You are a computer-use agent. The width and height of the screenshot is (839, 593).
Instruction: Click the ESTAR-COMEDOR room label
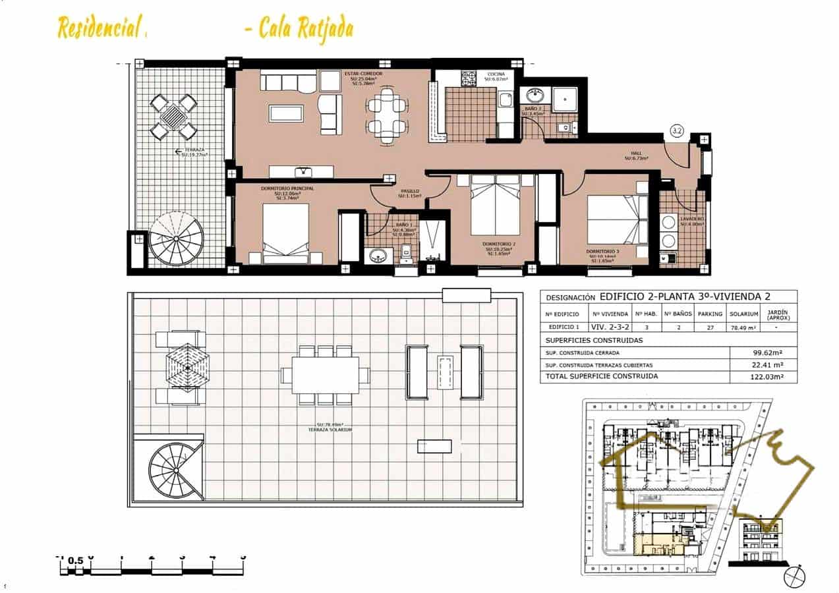[x=363, y=74]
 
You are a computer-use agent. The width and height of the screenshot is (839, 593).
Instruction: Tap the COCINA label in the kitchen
[x=496, y=74]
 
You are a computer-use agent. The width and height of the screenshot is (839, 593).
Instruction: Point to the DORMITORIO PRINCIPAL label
[x=287, y=188]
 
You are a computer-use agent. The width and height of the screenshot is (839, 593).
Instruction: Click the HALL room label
[x=637, y=153]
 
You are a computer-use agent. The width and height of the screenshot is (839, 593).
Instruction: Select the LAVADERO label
[x=692, y=219]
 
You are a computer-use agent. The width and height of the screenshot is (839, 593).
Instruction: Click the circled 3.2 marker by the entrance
[x=676, y=130]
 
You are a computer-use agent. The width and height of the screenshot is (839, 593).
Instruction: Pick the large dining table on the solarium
[x=326, y=375]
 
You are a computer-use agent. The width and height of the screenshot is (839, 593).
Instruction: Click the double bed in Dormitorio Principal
[x=285, y=233]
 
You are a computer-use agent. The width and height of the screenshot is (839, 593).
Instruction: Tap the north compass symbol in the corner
[x=794, y=576]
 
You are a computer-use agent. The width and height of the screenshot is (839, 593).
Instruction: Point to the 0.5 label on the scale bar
[x=76, y=560]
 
